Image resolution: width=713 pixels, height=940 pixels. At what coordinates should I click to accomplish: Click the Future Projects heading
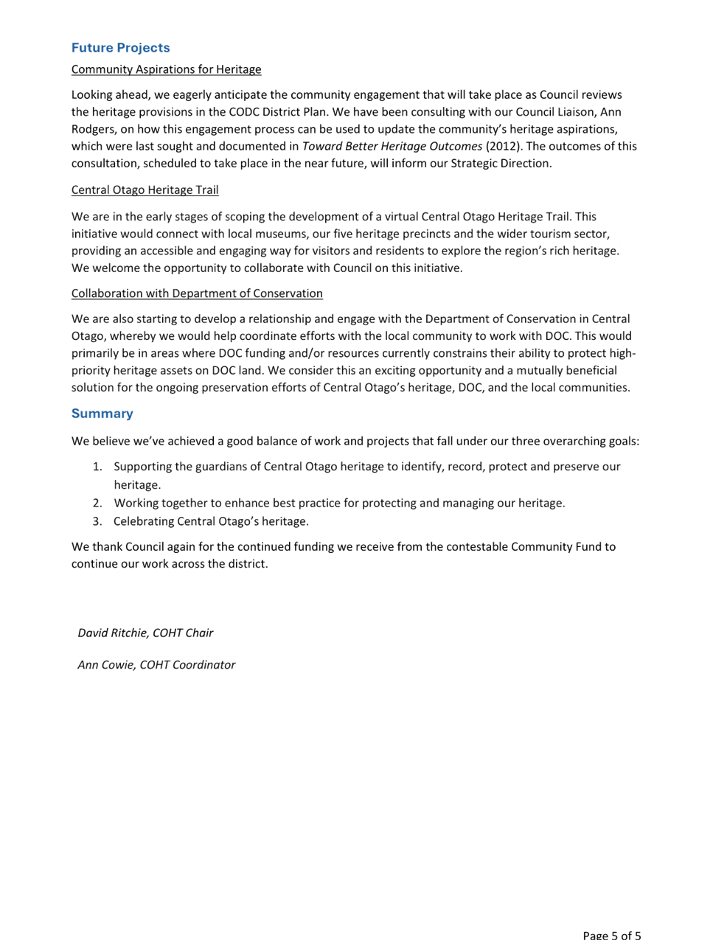120,47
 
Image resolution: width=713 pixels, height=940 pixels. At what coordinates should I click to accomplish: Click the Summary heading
102,414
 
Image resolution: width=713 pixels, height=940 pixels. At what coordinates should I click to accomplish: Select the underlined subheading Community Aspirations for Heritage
166,69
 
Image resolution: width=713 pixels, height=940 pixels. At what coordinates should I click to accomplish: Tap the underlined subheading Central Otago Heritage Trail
145,189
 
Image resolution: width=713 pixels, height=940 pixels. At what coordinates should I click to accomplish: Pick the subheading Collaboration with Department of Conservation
197,293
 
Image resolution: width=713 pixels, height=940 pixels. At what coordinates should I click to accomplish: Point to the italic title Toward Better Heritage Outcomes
392,147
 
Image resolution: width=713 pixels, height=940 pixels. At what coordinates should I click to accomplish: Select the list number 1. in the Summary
97,467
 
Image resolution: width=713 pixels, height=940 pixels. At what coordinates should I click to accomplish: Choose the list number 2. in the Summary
97,503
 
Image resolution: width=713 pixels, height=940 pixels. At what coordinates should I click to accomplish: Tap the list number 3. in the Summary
97,521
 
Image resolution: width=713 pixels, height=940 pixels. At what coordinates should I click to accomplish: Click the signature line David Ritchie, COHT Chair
145,633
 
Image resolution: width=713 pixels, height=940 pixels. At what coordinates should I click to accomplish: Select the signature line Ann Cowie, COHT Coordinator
156,665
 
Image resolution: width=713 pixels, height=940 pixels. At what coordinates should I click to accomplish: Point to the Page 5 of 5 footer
612,935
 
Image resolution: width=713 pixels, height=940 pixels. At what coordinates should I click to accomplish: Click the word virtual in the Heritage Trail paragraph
401,217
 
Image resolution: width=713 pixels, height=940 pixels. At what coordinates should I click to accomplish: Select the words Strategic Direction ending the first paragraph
501,164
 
